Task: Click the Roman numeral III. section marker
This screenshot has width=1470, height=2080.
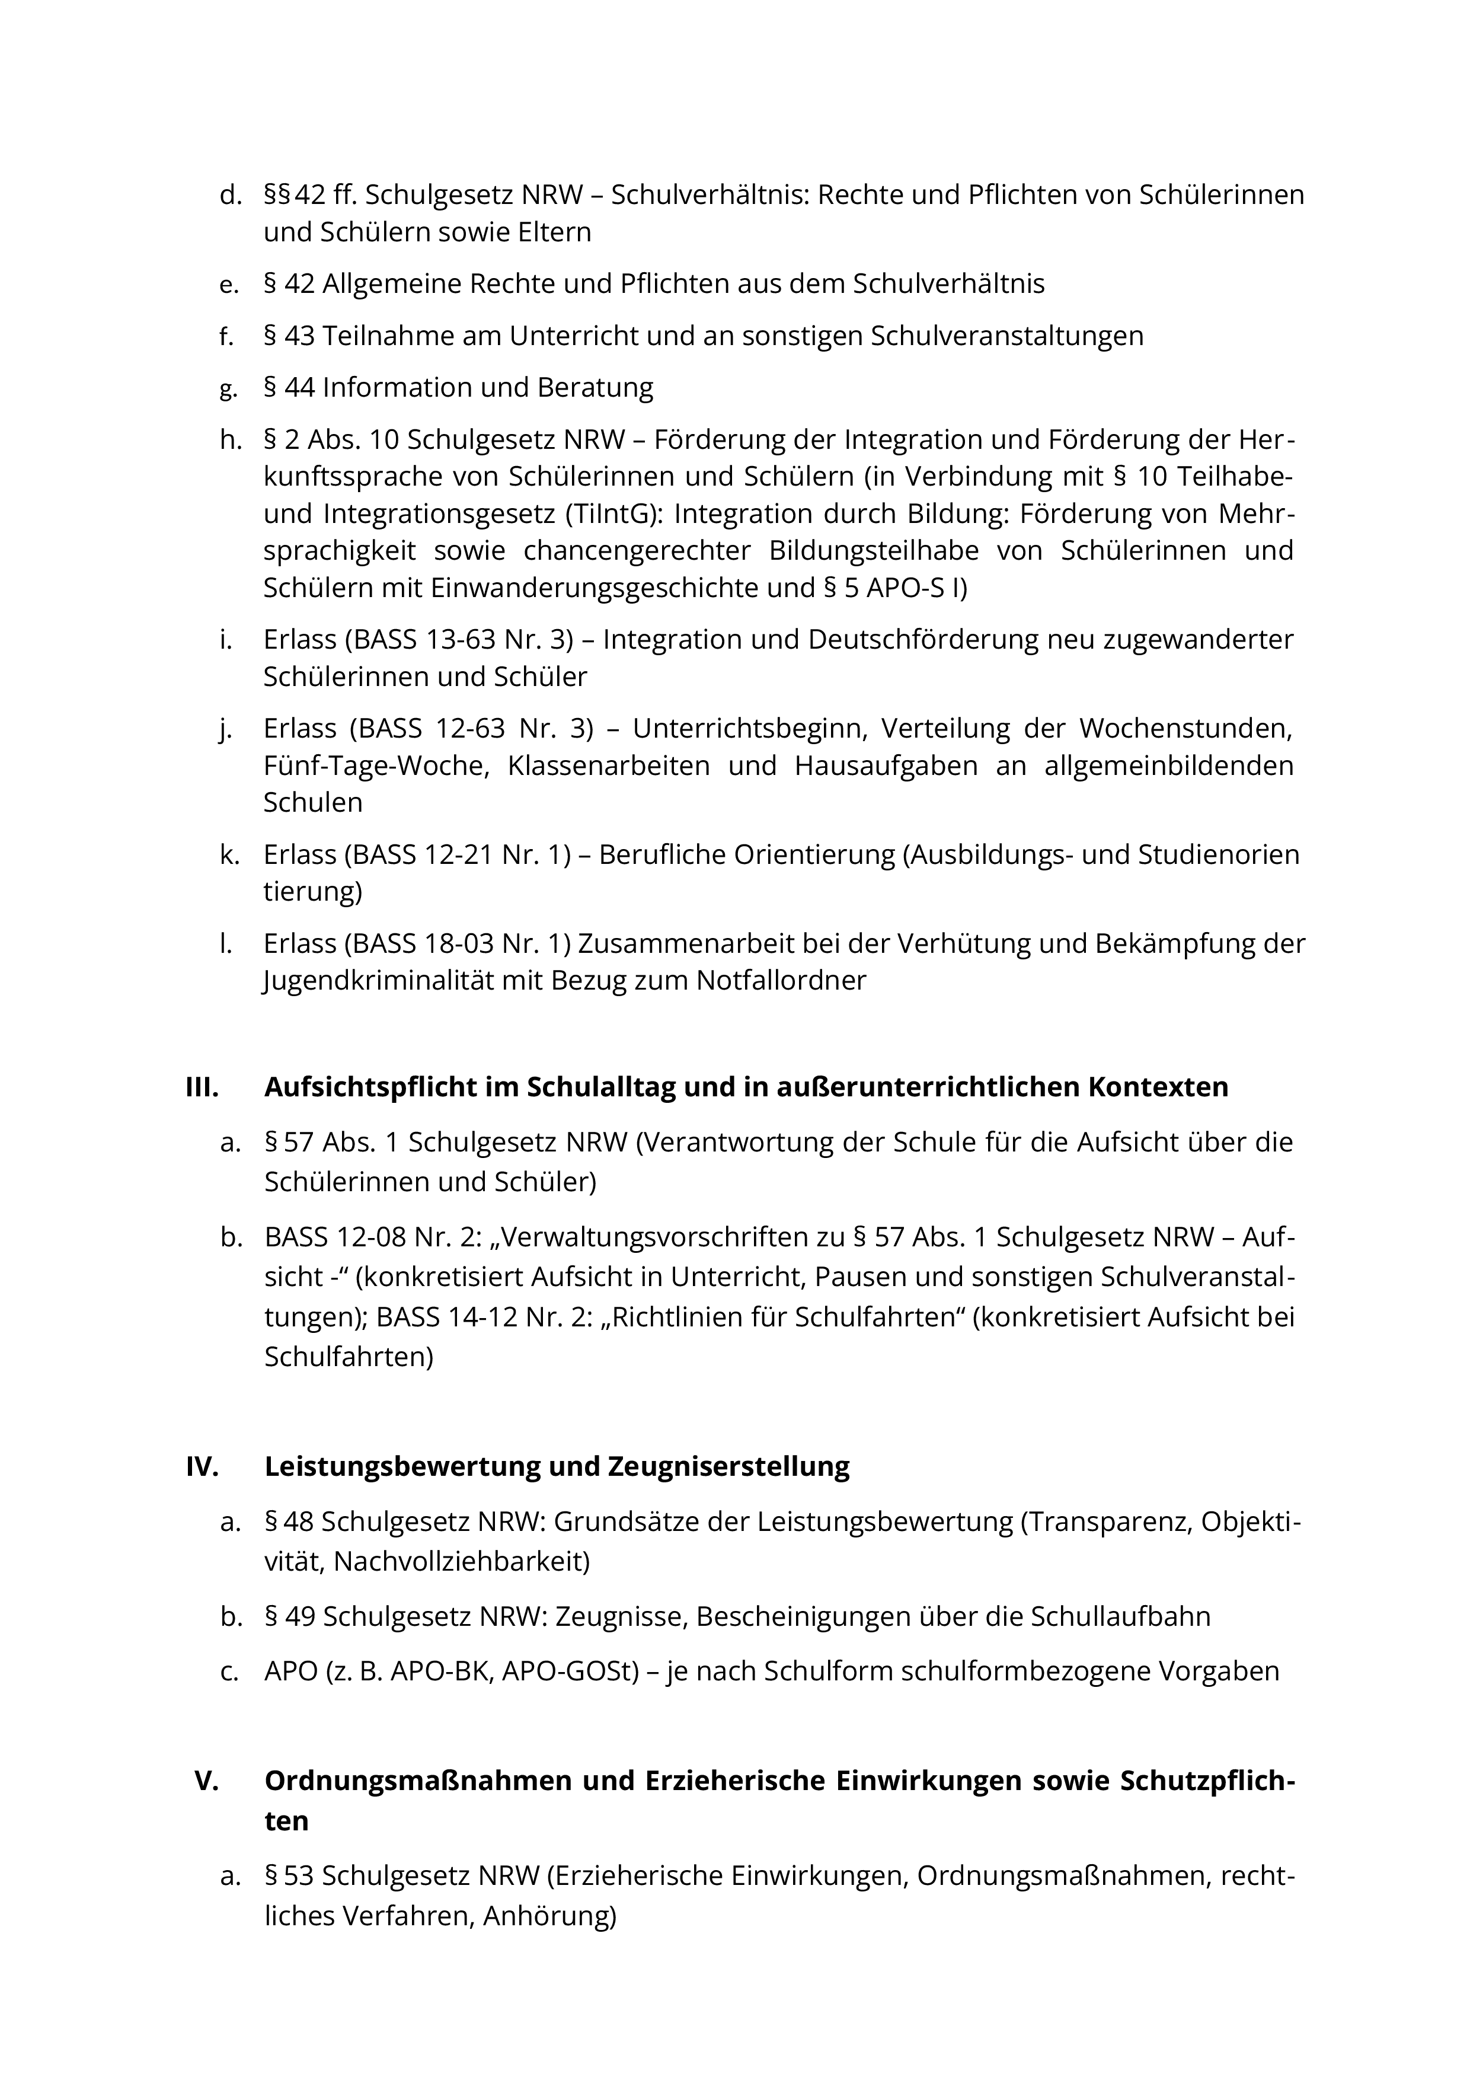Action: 202,1087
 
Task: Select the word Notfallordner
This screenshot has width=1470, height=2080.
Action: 781,980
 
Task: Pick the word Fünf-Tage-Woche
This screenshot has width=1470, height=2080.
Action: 376,765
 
